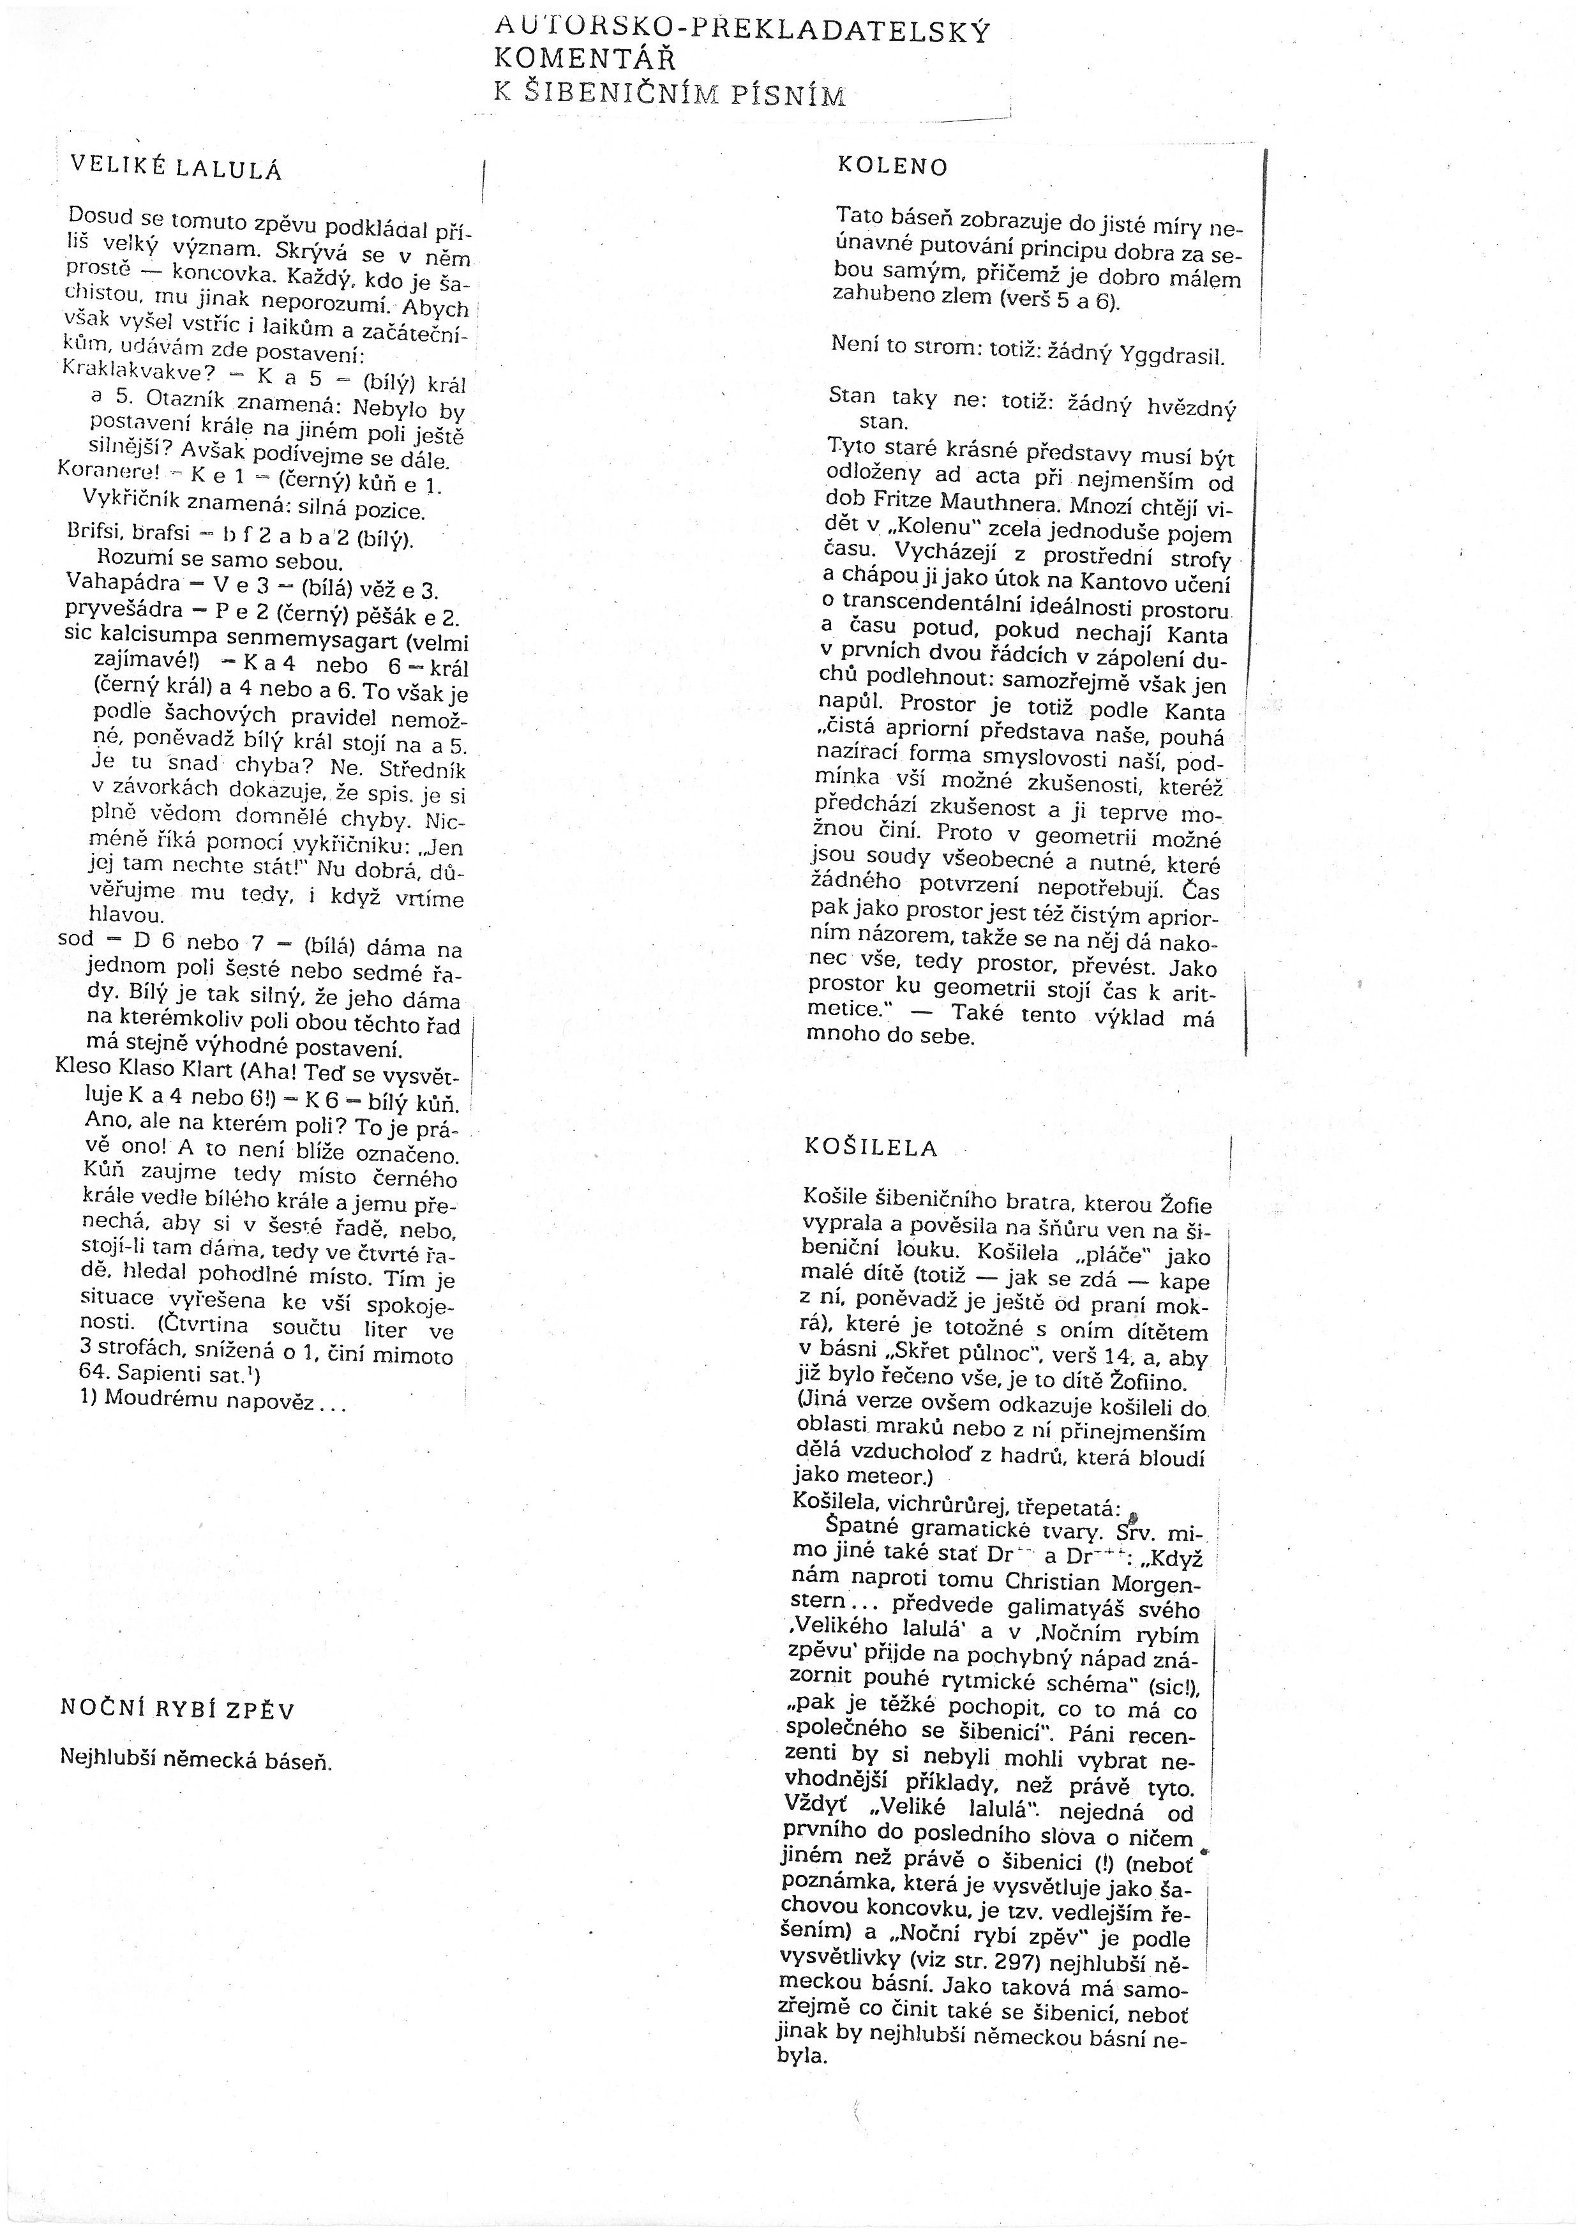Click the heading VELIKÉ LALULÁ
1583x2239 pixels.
point(176,168)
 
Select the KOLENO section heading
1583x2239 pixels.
point(892,166)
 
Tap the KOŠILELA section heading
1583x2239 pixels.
point(871,1148)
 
